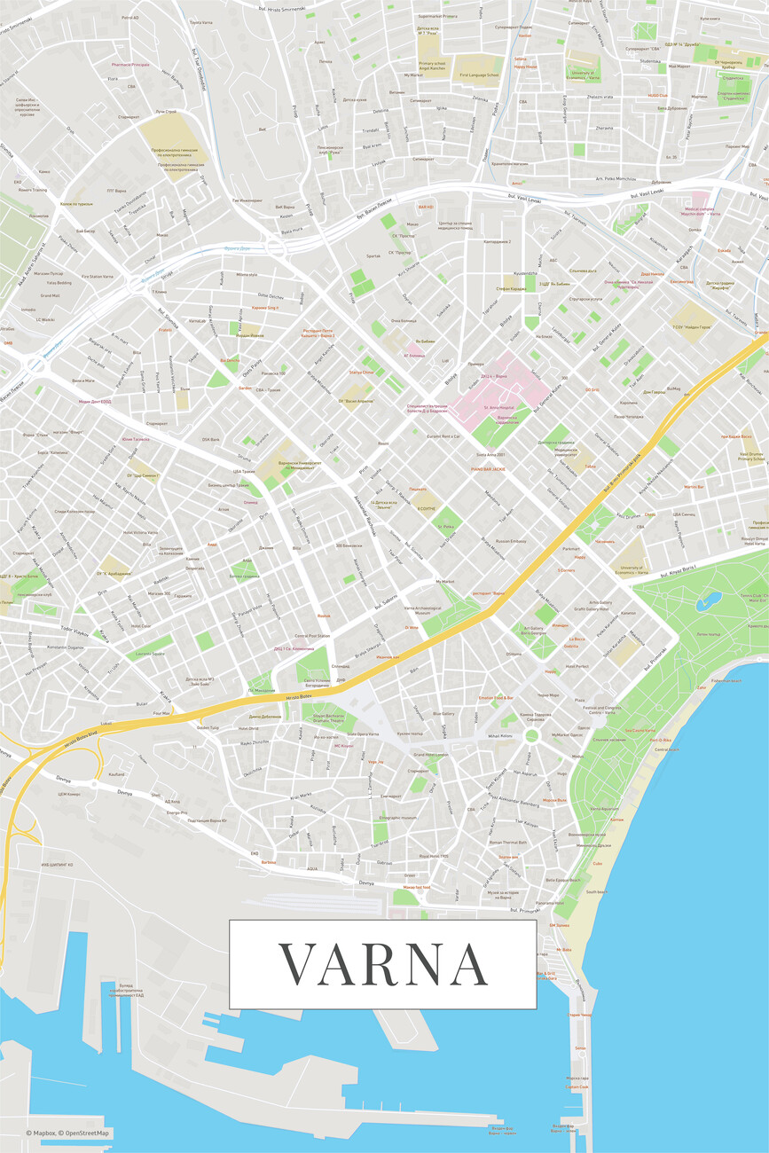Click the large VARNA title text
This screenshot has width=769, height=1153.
tap(383, 964)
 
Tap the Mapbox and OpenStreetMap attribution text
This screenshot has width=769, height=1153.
tap(68, 1133)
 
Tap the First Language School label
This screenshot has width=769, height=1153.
tap(480, 75)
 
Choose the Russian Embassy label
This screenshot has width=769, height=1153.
tap(511, 540)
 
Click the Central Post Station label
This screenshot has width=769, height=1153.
tap(312, 635)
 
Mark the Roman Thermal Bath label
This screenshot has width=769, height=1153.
tap(508, 842)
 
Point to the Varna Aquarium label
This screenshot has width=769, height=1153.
tap(604, 808)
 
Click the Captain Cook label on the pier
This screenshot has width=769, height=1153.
tap(577, 1086)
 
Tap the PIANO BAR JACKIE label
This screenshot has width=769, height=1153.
tap(488, 468)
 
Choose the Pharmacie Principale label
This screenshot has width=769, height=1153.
tap(130, 65)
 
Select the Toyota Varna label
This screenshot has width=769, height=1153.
tap(201, 22)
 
